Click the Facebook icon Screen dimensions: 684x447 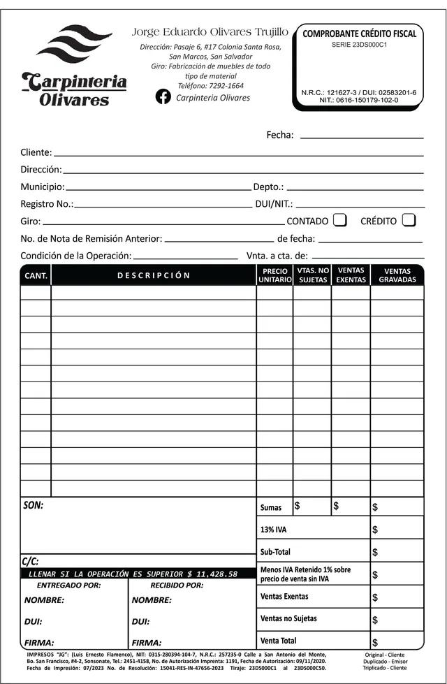[x=163, y=97]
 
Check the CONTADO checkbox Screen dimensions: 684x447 [x=339, y=220]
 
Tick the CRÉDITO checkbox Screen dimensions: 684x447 [x=409, y=220]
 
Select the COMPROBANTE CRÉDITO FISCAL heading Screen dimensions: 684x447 [x=359, y=34]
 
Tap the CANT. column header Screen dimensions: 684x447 [x=36, y=275]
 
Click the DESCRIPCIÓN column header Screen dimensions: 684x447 [x=154, y=275]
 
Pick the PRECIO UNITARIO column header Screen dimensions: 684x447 [x=274, y=275]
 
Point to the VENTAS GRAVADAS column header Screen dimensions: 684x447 [x=397, y=275]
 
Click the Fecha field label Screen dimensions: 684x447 [x=279, y=135]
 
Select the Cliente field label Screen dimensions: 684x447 [x=36, y=152]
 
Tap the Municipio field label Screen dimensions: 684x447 [x=42, y=187]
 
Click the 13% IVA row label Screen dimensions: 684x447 [x=273, y=530]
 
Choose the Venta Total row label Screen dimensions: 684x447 [x=278, y=640]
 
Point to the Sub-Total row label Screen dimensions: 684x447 [x=275, y=552]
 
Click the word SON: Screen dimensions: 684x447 [x=33, y=505]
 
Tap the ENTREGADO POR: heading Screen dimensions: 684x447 [x=68, y=585]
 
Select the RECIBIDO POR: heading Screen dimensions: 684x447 [x=177, y=585]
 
